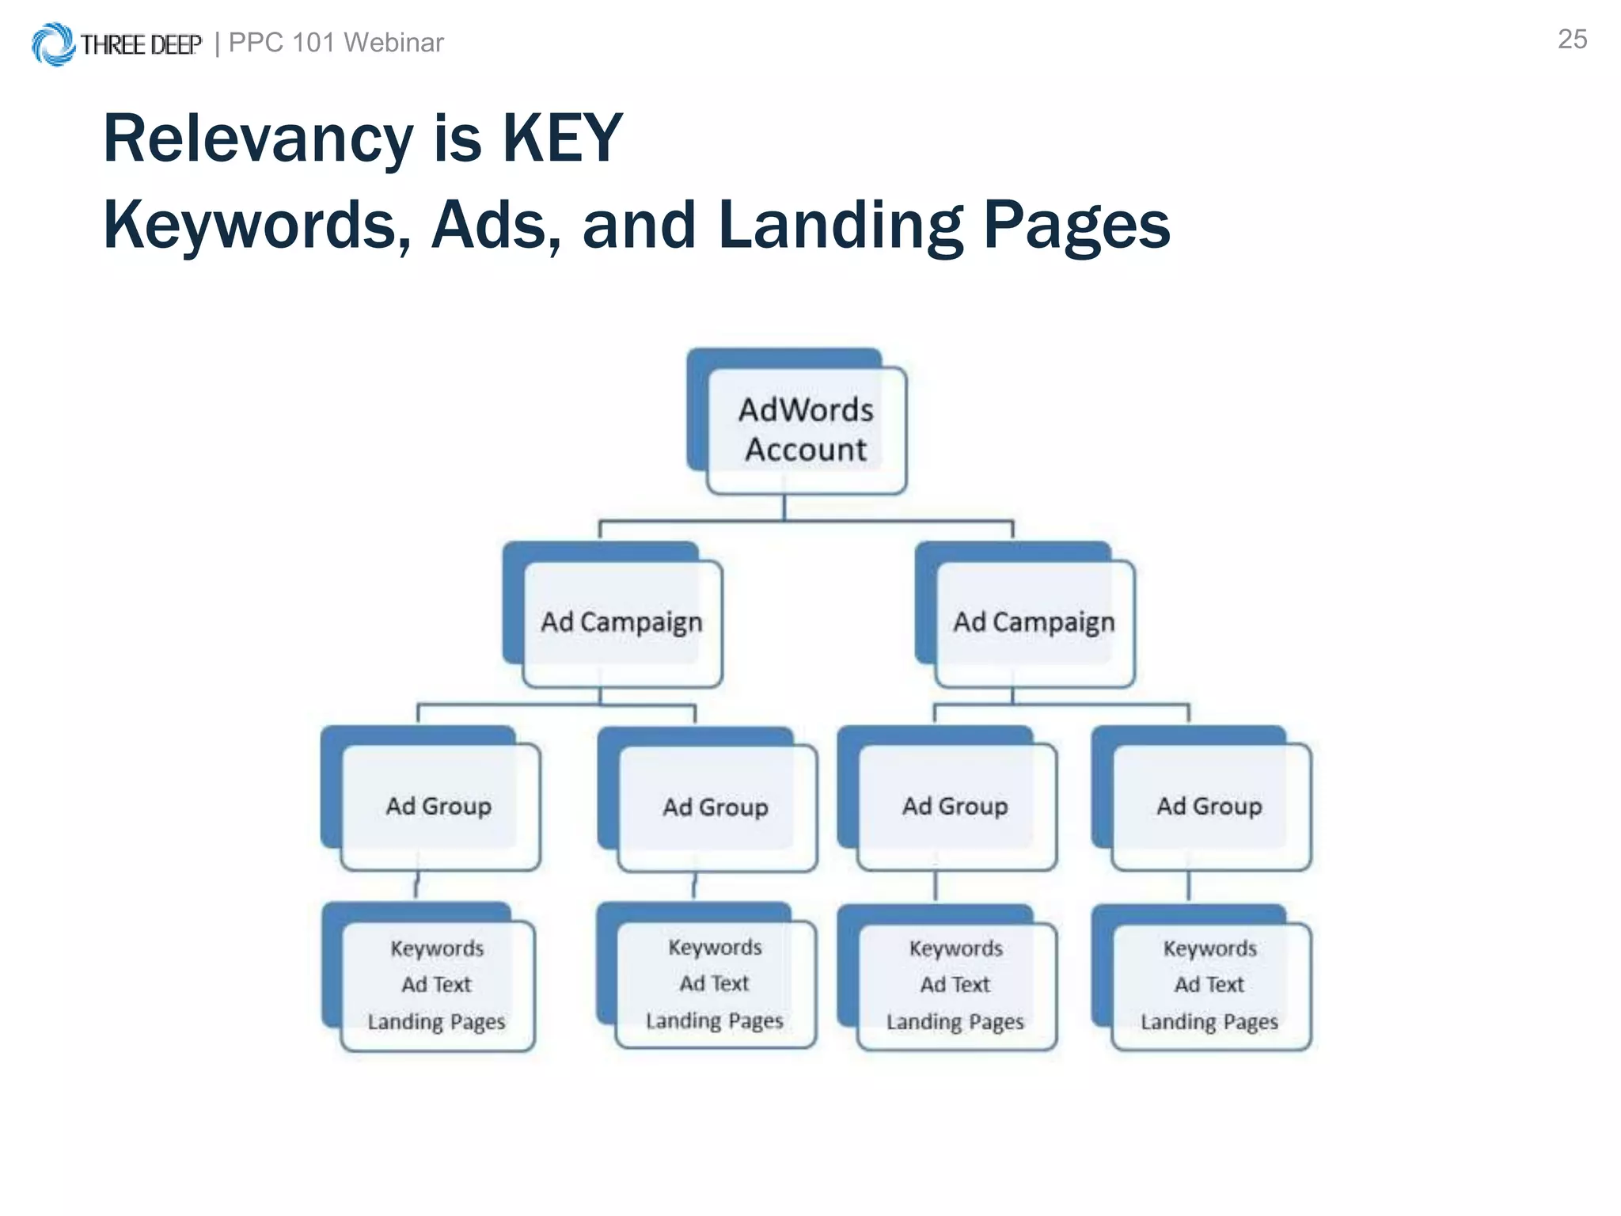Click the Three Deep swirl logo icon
pos(52,44)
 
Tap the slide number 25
pos(1572,40)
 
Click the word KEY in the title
pos(562,139)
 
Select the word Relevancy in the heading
pos(258,139)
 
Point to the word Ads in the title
pos(495,225)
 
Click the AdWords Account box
pos(806,430)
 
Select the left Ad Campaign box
pos(622,622)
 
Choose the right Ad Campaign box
pos(1034,622)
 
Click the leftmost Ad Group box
pos(439,806)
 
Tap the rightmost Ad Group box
pos(1209,806)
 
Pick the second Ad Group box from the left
pos(716,807)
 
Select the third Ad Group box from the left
pos(955,806)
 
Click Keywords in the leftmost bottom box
pos(437,948)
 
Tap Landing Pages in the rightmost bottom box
pos(1209,1022)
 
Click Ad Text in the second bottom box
pos(714,983)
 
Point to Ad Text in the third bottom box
pos(955,985)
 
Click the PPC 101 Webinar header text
pos(336,43)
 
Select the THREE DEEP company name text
pos(141,45)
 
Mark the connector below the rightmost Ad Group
pos(1189,887)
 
